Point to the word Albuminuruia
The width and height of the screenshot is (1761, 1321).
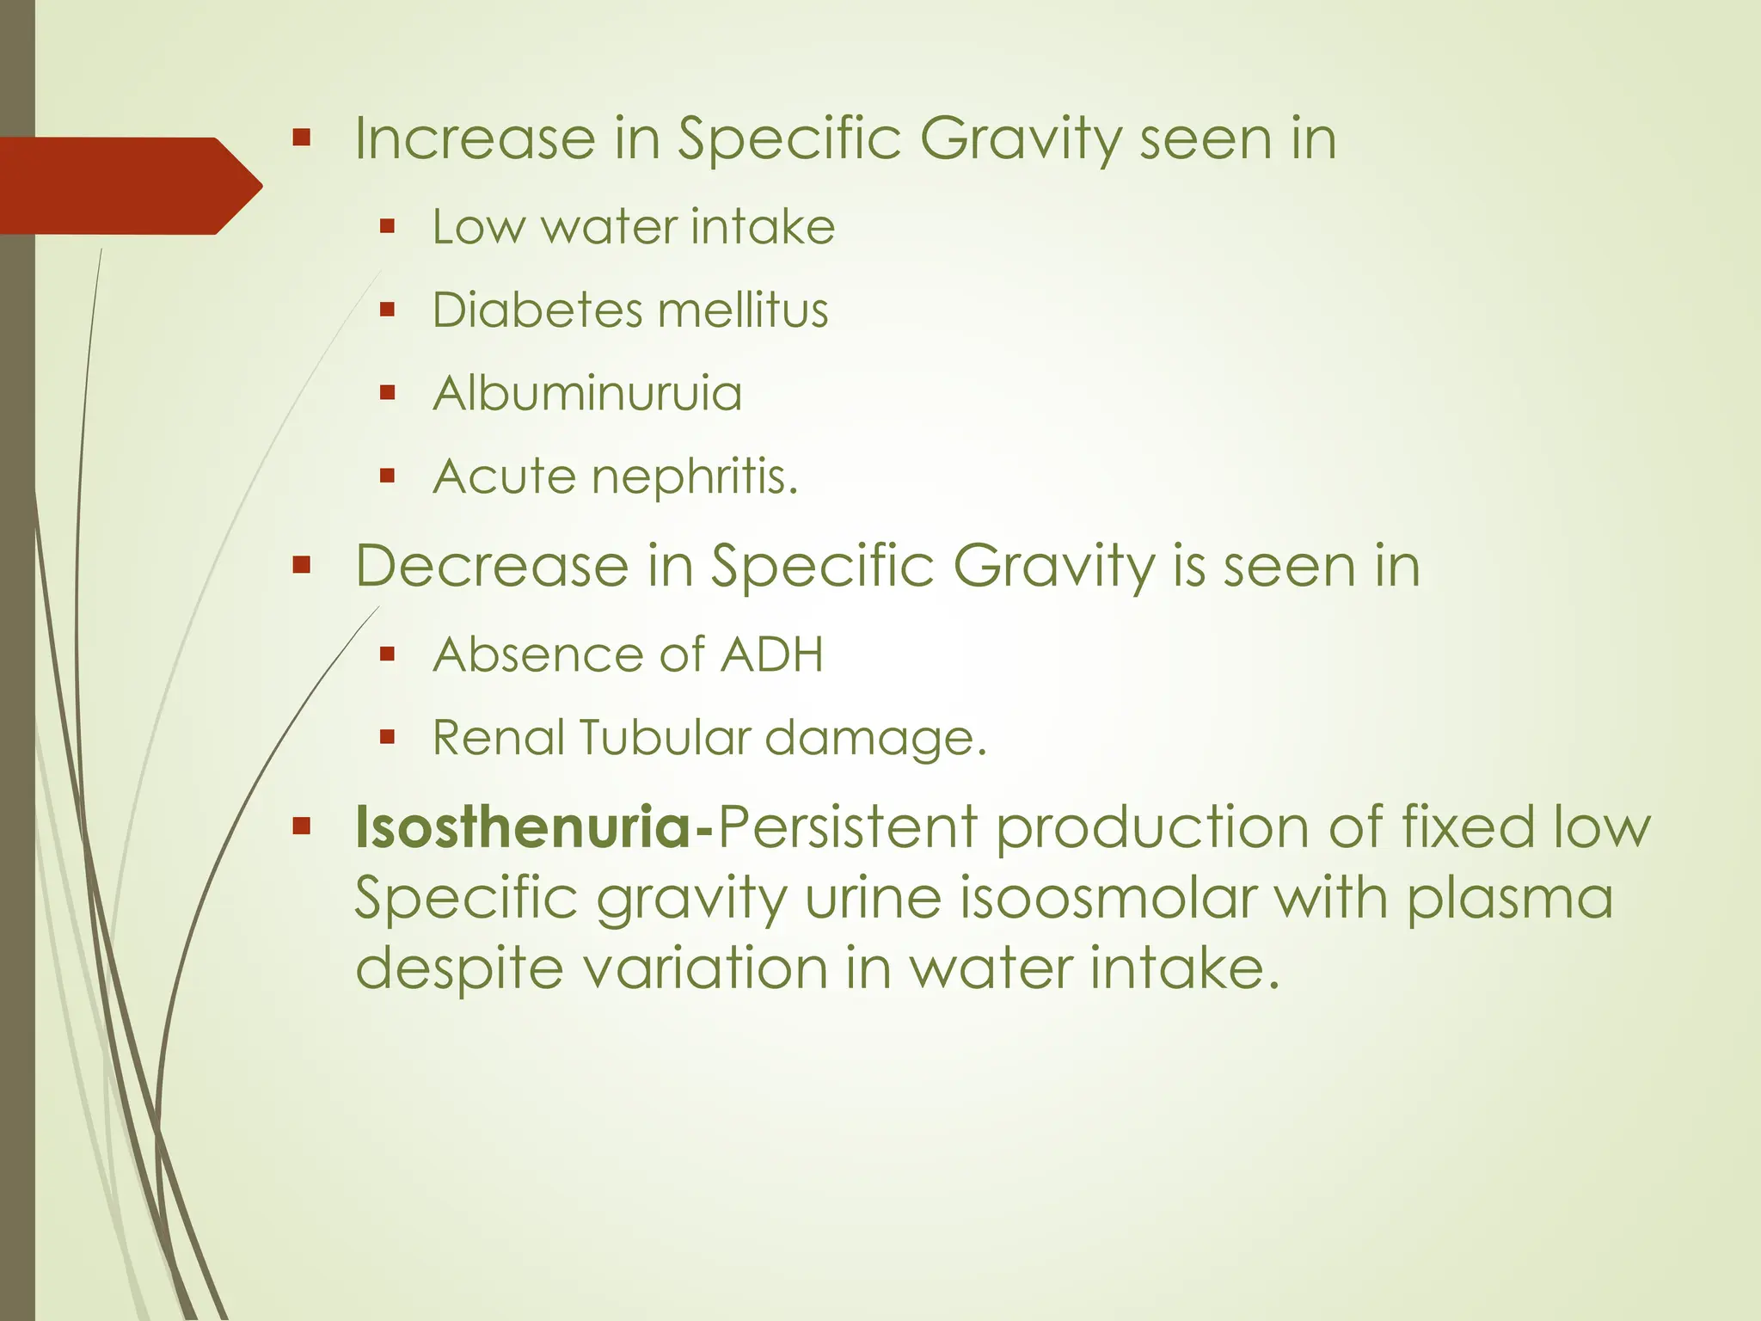pyautogui.click(x=587, y=394)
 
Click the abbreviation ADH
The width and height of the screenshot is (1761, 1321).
pyautogui.click(x=771, y=655)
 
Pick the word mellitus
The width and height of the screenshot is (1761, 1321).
pyautogui.click(x=745, y=310)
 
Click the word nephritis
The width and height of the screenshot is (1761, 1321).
pyautogui.click(x=695, y=477)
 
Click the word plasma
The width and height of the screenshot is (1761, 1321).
pyautogui.click(x=1510, y=899)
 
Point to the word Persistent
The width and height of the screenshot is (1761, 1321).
pyautogui.click(x=847, y=827)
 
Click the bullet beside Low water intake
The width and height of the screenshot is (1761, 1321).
pyautogui.click(x=387, y=227)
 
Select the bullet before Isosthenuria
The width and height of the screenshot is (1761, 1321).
pyautogui.click(x=301, y=827)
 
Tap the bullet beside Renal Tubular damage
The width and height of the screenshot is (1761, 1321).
pyautogui.click(x=387, y=737)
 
